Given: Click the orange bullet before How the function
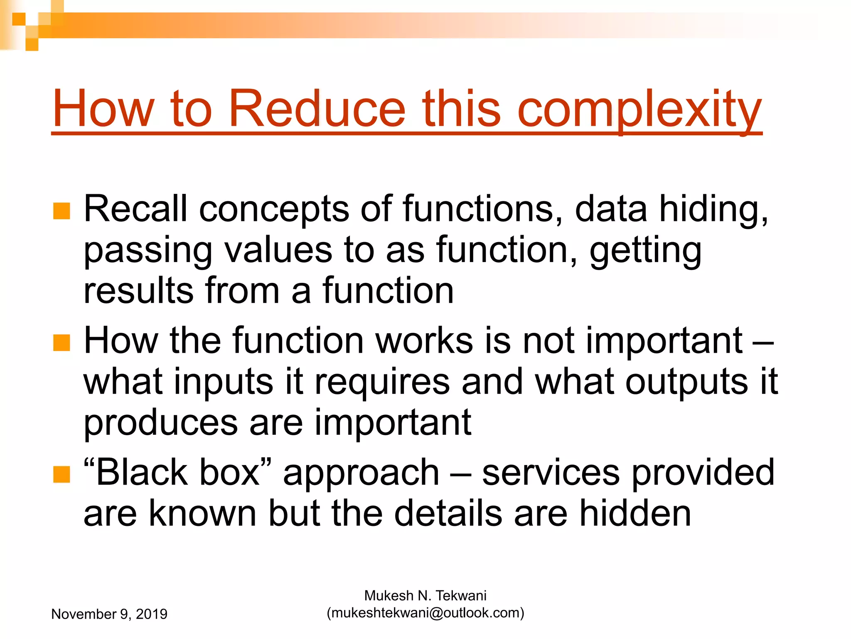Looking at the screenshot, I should click(x=61, y=343).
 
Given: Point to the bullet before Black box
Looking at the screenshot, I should click(x=61, y=474).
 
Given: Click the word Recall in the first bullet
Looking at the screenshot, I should click(x=135, y=208).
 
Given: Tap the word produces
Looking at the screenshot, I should click(x=160, y=424).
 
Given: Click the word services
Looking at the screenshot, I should click(x=551, y=473).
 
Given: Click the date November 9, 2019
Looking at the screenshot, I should click(x=109, y=614).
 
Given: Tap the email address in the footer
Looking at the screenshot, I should click(x=425, y=613).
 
